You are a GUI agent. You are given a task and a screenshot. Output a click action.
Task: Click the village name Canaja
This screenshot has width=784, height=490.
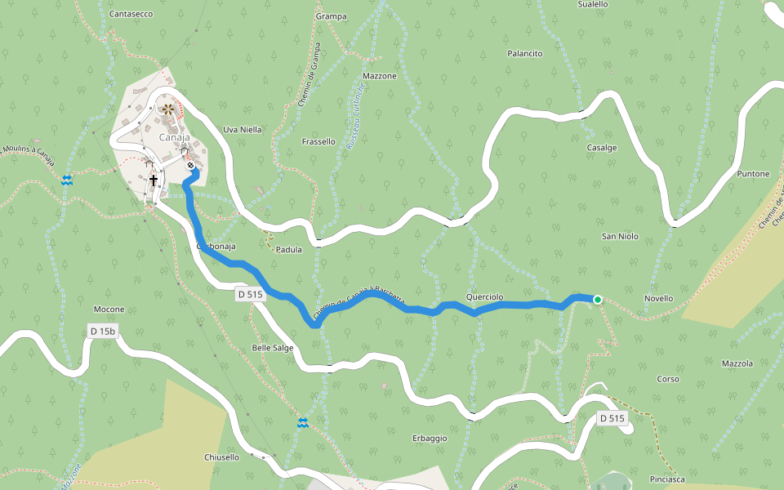[174, 137]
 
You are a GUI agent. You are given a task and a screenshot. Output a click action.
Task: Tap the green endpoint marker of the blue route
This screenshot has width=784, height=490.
[598, 300]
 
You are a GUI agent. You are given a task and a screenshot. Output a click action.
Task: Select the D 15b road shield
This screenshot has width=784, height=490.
[103, 331]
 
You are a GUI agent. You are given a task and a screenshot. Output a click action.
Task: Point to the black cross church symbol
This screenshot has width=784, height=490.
[153, 179]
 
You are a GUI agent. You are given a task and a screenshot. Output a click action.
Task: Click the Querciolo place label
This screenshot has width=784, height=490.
[484, 296]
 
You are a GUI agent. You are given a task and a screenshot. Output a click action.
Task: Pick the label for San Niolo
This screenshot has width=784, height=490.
[620, 236]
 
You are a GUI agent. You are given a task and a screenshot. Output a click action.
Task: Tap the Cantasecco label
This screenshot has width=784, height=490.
[131, 14]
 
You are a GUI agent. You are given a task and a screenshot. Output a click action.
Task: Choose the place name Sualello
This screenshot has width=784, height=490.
[592, 4]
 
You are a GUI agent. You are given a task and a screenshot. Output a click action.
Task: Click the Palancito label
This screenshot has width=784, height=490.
[525, 53]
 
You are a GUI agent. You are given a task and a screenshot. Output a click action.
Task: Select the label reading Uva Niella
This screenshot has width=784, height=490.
[243, 129]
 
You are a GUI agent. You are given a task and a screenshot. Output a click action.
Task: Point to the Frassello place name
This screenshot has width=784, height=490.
[318, 141]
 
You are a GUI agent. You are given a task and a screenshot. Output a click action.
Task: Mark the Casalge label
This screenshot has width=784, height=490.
[602, 148]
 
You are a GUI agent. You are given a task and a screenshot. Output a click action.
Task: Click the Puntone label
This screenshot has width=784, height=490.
[753, 174]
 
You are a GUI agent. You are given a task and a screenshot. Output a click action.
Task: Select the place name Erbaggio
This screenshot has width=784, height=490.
[430, 438]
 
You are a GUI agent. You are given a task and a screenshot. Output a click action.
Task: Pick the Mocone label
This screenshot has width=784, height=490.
[109, 310]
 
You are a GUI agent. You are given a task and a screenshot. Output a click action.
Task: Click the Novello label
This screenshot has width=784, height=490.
[658, 298]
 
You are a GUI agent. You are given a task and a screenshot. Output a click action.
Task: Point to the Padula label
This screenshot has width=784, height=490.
[289, 249]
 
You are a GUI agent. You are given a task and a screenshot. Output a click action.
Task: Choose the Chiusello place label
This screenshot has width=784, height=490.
[221, 457]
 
